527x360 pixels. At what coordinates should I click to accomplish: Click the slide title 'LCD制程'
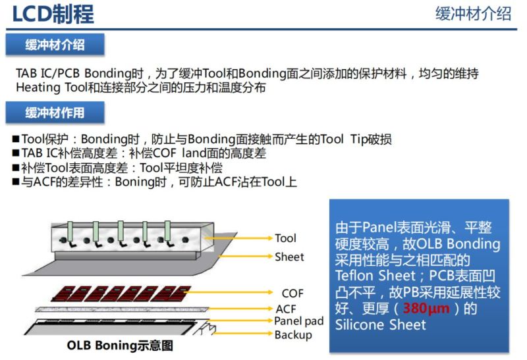point(53,14)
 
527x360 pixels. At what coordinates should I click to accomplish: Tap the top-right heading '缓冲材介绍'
point(473,14)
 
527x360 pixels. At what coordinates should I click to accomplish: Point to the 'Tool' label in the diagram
point(285,238)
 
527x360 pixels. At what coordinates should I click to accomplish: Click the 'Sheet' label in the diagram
point(289,257)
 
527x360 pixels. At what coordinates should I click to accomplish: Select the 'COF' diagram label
point(292,294)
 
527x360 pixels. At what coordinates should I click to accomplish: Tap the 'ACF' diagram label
point(287,308)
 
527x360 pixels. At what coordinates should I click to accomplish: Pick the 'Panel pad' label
point(298,321)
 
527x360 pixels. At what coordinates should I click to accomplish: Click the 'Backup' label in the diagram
point(292,335)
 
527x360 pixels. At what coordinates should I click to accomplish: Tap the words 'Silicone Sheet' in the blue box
point(380,324)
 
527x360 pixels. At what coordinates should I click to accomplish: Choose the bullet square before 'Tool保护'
point(16,140)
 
